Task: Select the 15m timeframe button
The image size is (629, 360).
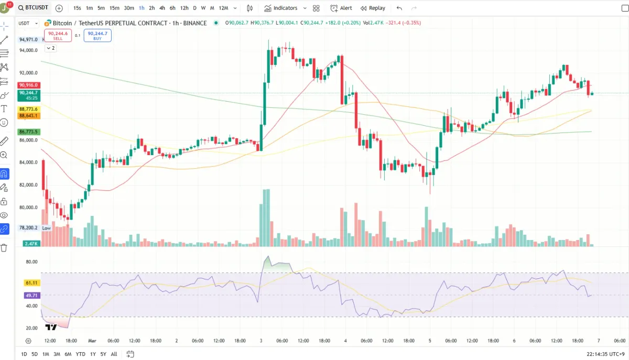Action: point(114,8)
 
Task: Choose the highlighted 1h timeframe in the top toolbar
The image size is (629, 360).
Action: point(142,8)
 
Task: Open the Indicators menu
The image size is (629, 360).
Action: point(281,8)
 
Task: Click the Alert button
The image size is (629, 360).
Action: point(341,8)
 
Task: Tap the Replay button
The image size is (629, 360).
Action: point(373,8)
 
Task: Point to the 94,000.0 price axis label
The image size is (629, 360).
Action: point(28,50)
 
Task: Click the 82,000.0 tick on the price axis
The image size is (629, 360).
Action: point(28,185)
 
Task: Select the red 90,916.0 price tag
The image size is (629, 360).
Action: point(28,85)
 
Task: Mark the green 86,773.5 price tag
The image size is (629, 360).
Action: point(28,132)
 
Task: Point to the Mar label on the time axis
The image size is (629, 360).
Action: point(92,340)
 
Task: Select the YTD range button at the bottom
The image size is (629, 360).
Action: point(80,354)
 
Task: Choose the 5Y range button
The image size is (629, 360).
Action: point(103,354)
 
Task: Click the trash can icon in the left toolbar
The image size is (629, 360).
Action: point(4,247)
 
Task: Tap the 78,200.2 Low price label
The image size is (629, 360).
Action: point(29,228)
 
